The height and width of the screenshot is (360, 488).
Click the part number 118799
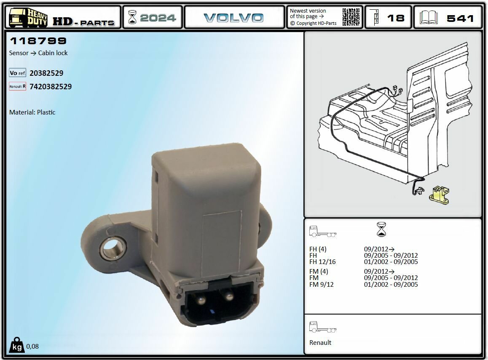click(x=38, y=41)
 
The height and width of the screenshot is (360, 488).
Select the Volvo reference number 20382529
click(x=46, y=73)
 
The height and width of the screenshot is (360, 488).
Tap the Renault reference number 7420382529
click(x=51, y=87)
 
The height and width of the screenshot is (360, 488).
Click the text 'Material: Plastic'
click(x=32, y=112)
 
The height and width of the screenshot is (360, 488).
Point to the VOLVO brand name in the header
click(x=233, y=18)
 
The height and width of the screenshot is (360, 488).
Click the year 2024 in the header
click(x=158, y=18)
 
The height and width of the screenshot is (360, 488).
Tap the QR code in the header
click(x=351, y=17)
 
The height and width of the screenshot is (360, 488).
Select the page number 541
click(x=460, y=18)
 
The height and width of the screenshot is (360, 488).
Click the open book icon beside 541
click(x=429, y=18)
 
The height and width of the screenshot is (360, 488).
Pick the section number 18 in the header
click(x=395, y=18)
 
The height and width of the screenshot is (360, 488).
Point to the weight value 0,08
click(x=32, y=347)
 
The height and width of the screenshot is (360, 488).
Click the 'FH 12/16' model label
click(x=322, y=262)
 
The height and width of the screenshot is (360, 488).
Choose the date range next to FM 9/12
click(x=391, y=285)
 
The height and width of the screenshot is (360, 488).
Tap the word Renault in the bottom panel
click(x=320, y=343)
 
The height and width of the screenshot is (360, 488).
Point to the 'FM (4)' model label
click(x=319, y=272)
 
